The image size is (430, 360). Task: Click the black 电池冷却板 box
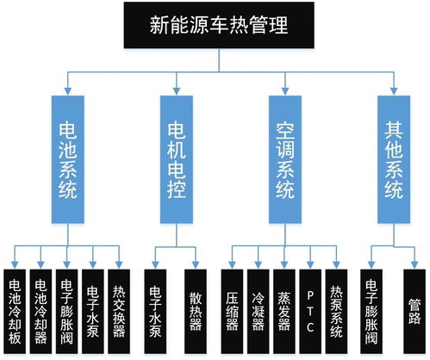tap(16, 307)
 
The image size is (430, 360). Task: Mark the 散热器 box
tap(196, 307)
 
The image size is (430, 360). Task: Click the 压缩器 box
tap(232, 307)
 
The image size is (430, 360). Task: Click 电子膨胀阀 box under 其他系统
tap(371, 307)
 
